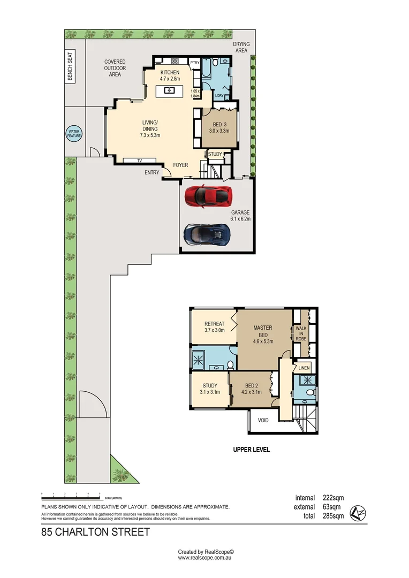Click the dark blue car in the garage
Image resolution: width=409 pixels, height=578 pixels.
(x=207, y=234)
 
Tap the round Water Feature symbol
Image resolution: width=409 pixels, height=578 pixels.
(x=73, y=134)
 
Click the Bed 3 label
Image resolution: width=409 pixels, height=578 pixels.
(x=218, y=127)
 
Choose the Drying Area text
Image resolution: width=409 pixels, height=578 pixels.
(x=241, y=47)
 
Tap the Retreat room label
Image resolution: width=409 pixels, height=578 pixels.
(x=214, y=327)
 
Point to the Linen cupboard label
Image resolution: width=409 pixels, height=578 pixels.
(x=304, y=368)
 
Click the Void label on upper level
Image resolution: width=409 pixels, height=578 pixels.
(x=263, y=420)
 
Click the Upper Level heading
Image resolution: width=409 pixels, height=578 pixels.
(x=251, y=450)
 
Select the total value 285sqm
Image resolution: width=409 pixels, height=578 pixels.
(x=333, y=516)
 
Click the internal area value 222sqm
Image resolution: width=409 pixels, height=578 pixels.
(x=333, y=498)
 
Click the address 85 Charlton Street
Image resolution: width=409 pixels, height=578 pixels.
(x=95, y=532)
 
